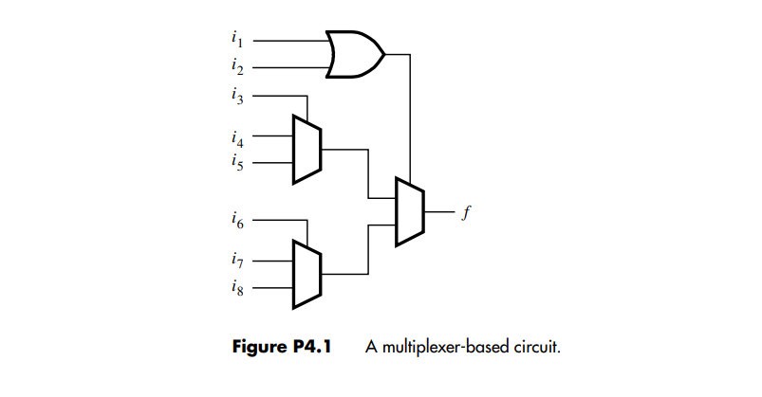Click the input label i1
(x=236, y=40)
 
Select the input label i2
(x=236, y=66)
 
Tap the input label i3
(x=236, y=94)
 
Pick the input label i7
(x=236, y=261)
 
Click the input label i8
(x=236, y=286)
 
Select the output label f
(x=465, y=210)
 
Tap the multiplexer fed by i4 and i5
(x=307, y=149)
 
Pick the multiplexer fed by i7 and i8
(x=307, y=273)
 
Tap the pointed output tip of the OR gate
(x=382, y=54)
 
